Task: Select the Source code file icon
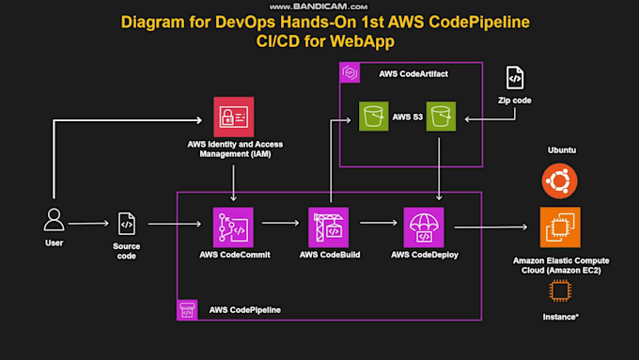point(127,224)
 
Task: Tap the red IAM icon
point(234,117)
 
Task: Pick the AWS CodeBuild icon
point(329,227)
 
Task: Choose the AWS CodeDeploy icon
point(424,227)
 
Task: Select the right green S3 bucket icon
point(440,117)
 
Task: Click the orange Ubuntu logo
point(560,180)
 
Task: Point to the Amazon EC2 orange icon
point(560,227)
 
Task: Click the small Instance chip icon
point(560,293)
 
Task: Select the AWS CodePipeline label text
point(244,309)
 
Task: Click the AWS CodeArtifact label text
point(412,73)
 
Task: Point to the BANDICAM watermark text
point(319,6)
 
